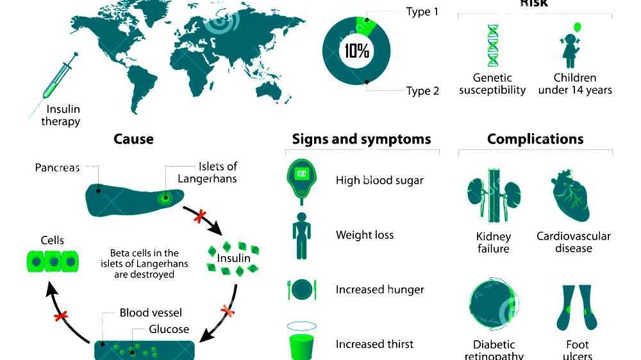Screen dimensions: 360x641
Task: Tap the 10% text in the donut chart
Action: [x=357, y=51]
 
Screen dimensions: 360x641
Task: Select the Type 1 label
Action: [x=422, y=12]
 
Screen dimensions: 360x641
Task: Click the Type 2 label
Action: [x=422, y=91]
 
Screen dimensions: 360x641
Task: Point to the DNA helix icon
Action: [x=493, y=45]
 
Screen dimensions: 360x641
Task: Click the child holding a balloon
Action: [x=570, y=46]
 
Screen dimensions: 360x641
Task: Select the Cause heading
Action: [x=133, y=139]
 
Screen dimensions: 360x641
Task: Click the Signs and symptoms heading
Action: [x=362, y=139]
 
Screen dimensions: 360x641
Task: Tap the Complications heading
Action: [x=535, y=139]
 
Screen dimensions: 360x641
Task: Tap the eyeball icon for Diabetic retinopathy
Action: [x=492, y=305]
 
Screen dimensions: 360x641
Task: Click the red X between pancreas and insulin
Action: [x=199, y=217]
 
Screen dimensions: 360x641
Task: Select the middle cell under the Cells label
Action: [x=53, y=262]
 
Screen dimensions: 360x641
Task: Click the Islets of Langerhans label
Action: [x=207, y=173]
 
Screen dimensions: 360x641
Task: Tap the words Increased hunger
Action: [x=379, y=290]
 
